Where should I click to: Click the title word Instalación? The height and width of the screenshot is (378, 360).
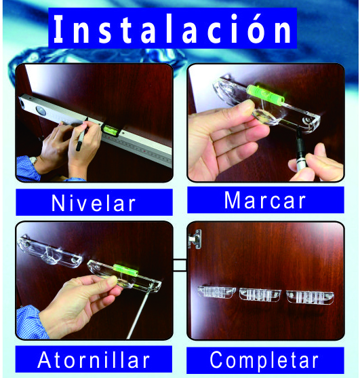(172, 29)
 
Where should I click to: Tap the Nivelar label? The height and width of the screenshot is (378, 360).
(94, 203)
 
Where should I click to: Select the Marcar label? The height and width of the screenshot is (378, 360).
(265, 200)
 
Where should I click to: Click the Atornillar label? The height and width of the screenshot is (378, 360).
(94, 360)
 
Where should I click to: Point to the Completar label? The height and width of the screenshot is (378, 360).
(264, 360)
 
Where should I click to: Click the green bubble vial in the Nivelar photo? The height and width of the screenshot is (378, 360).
(111, 129)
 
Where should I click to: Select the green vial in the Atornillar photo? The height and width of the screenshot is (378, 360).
(125, 270)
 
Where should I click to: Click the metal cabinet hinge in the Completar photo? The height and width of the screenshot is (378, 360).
(195, 239)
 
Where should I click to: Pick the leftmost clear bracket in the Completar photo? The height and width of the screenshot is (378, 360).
(216, 292)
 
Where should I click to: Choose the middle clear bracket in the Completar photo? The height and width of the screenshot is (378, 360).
(260, 295)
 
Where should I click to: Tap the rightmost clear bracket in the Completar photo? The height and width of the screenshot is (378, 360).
(310, 297)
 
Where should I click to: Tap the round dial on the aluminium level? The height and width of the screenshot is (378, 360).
(41, 111)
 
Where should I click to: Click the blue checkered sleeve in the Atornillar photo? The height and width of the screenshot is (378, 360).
(30, 322)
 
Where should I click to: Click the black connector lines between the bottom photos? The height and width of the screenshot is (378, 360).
(180, 265)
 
